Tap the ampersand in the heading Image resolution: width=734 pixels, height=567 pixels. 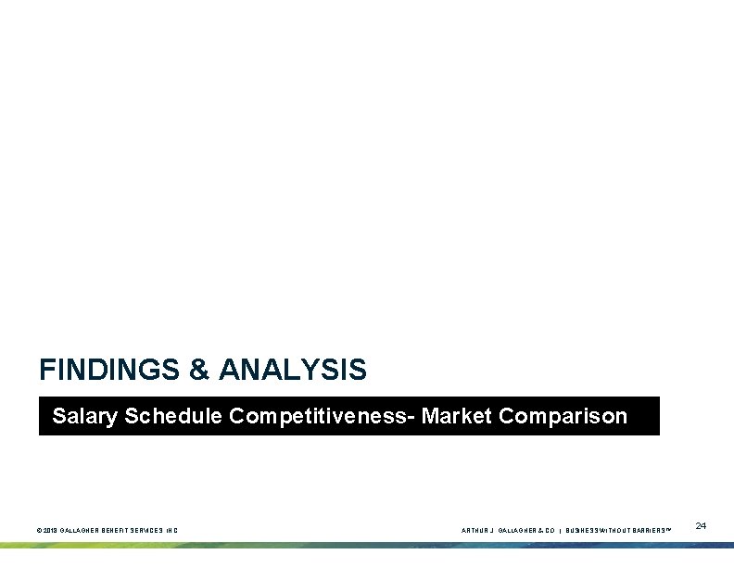pos(199,371)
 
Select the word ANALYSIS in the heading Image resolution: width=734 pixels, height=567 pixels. pos(292,371)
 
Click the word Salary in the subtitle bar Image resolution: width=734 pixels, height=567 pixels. pos(85,416)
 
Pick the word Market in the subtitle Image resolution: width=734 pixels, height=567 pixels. pos(457,416)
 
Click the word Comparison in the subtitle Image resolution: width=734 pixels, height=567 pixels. pos(563,416)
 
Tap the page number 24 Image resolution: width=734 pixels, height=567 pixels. pos(701,526)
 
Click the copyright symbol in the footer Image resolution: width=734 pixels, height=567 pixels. pos(38,531)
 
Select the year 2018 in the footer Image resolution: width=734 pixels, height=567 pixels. pos(49,531)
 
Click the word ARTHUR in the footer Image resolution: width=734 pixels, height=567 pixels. pos(474,531)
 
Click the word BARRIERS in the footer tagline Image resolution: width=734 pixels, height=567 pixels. pos(652,531)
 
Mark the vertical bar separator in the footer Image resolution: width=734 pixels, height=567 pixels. pos(561,531)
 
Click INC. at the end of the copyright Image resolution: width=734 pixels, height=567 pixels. pos(173,531)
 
